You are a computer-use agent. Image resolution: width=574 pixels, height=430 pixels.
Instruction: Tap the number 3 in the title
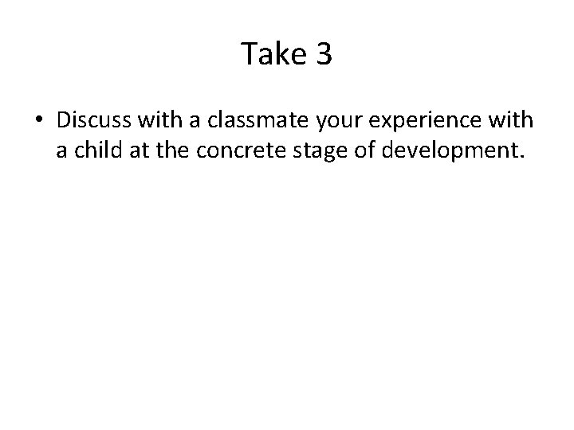(323, 54)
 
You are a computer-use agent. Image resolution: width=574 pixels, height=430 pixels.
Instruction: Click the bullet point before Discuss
(39, 120)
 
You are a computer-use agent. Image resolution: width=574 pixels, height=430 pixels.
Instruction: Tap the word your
(312, 120)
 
